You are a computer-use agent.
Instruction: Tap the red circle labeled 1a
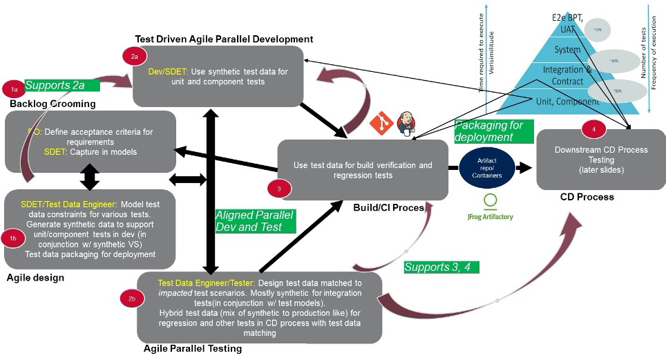click(x=13, y=89)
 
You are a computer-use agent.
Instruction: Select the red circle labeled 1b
click(x=13, y=238)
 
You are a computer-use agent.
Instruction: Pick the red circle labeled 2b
click(x=132, y=299)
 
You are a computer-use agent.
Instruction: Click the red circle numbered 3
click(x=277, y=188)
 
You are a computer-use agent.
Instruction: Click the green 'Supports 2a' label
click(x=60, y=85)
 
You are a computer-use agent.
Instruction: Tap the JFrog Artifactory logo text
click(x=490, y=216)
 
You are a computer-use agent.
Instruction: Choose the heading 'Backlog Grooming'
click(x=52, y=104)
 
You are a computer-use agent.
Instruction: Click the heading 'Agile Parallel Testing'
click(x=193, y=349)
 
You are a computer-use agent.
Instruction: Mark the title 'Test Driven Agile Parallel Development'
click(x=224, y=39)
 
